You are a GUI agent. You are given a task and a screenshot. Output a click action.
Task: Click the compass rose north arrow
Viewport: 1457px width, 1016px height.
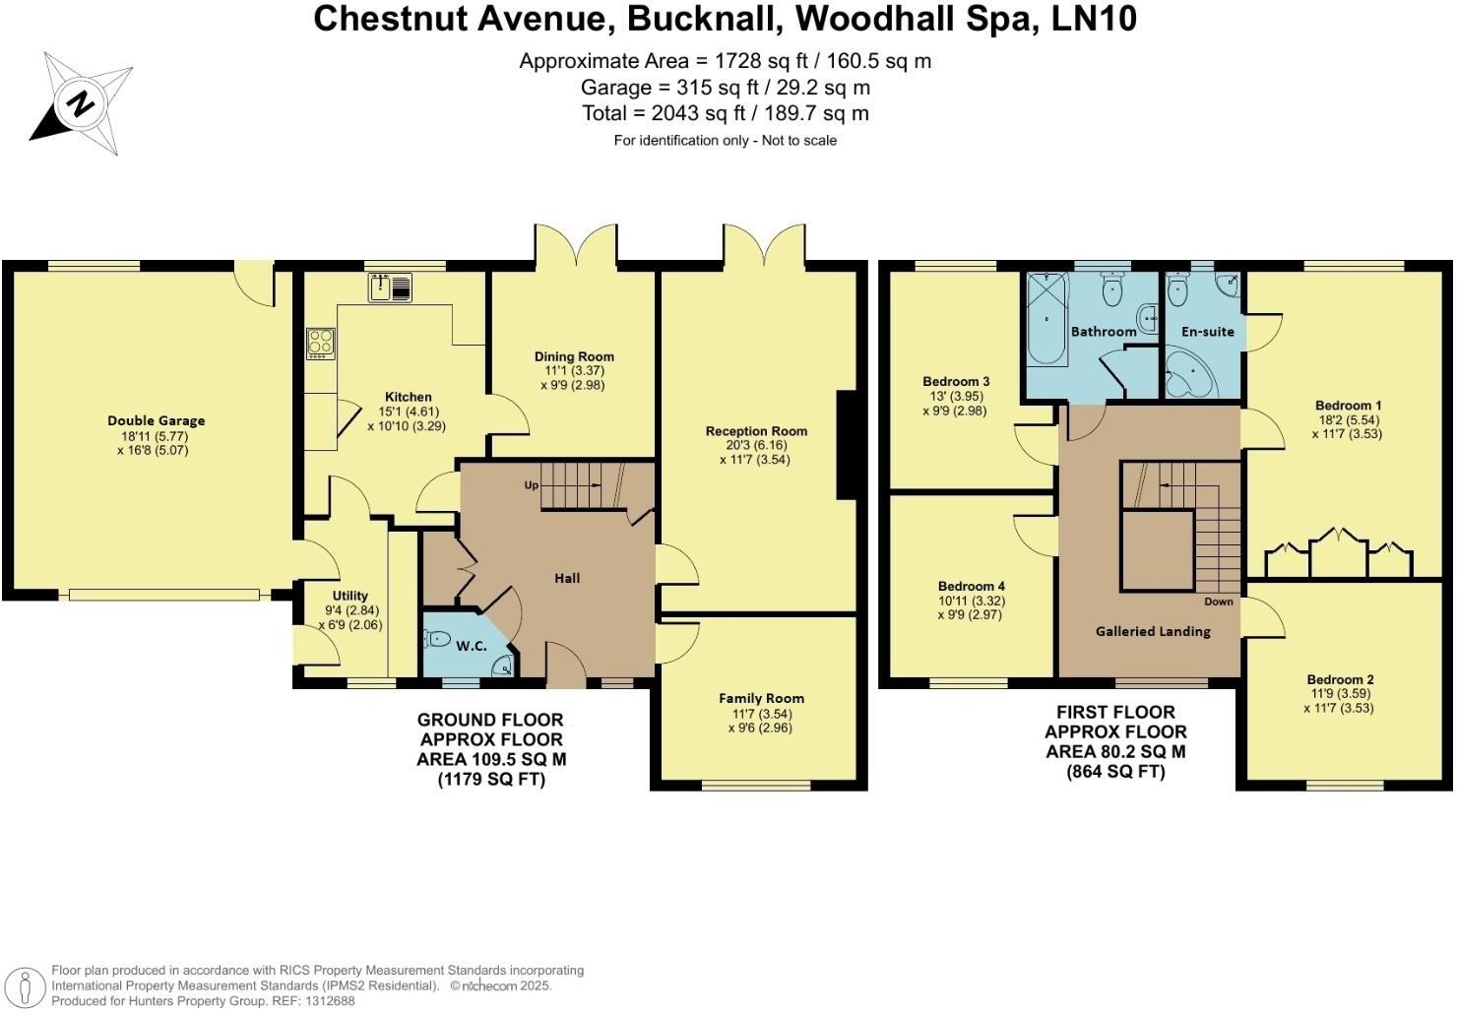click(x=80, y=102)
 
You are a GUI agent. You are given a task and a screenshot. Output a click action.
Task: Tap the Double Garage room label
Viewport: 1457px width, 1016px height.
click(x=157, y=421)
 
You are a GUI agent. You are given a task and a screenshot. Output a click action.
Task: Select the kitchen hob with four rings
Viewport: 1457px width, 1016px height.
click(x=321, y=343)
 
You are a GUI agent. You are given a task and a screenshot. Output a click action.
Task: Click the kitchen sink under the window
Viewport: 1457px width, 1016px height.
click(x=392, y=287)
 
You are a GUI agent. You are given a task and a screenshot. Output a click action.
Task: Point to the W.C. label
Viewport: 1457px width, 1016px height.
click(x=471, y=646)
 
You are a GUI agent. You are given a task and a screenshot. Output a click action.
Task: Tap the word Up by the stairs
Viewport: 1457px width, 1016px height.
click(x=532, y=485)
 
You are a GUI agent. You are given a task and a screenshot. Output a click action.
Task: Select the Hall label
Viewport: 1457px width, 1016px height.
click(x=567, y=579)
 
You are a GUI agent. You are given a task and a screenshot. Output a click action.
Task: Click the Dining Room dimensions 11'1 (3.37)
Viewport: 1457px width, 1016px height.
click(x=574, y=371)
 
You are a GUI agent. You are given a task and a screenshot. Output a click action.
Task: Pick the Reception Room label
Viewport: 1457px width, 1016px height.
click(x=756, y=431)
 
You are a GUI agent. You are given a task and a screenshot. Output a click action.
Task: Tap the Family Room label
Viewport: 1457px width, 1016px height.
click(x=761, y=699)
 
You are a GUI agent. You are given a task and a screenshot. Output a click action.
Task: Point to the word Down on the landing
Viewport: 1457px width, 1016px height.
click(x=1218, y=602)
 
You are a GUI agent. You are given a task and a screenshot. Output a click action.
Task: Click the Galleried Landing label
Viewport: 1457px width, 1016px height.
click(x=1153, y=631)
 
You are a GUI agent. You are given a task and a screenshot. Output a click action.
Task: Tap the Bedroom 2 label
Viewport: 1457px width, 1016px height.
click(x=1340, y=679)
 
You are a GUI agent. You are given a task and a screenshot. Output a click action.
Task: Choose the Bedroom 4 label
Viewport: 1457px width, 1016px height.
click(x=971, y=587)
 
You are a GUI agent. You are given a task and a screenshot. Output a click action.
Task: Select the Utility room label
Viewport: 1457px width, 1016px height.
click(x=349, y=596)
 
